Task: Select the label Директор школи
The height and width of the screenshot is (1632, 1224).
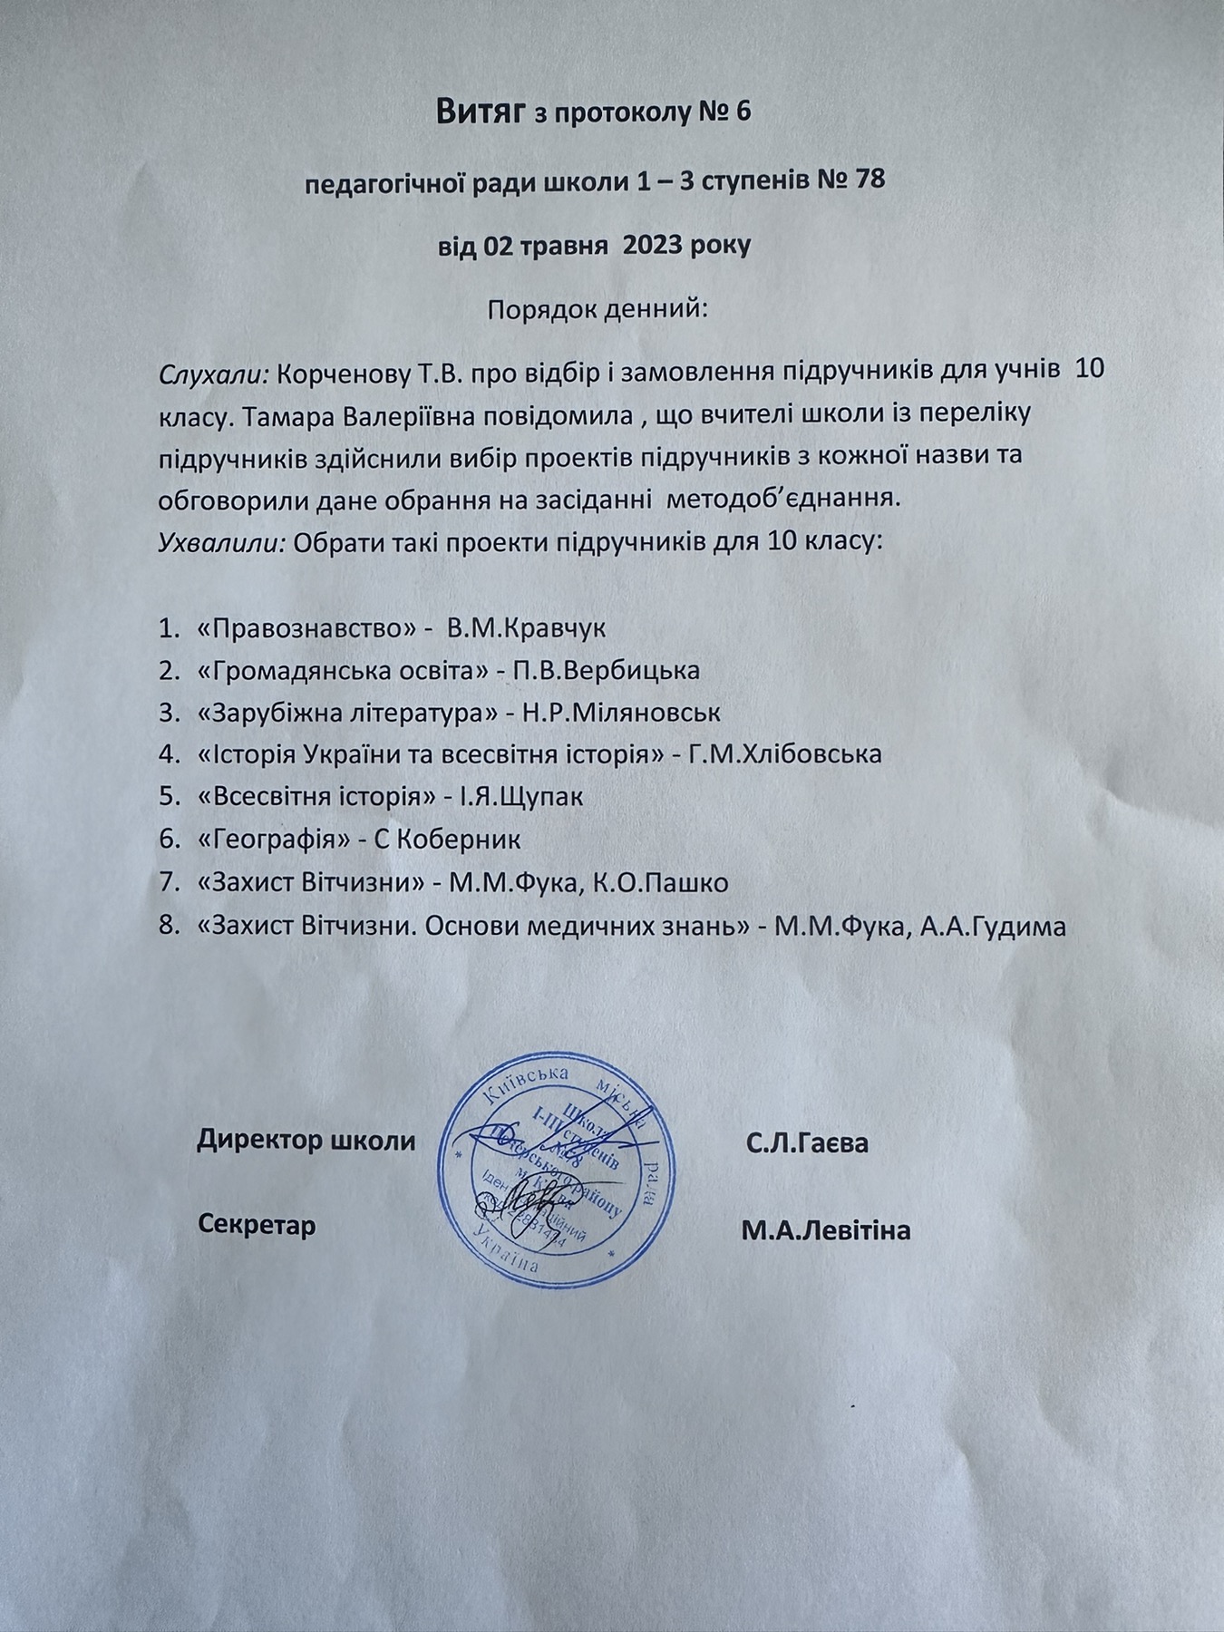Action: coord(306,1141)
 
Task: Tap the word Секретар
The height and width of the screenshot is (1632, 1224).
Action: coord(257,1226)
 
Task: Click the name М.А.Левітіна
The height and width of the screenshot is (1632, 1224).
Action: coord(825,1230)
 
